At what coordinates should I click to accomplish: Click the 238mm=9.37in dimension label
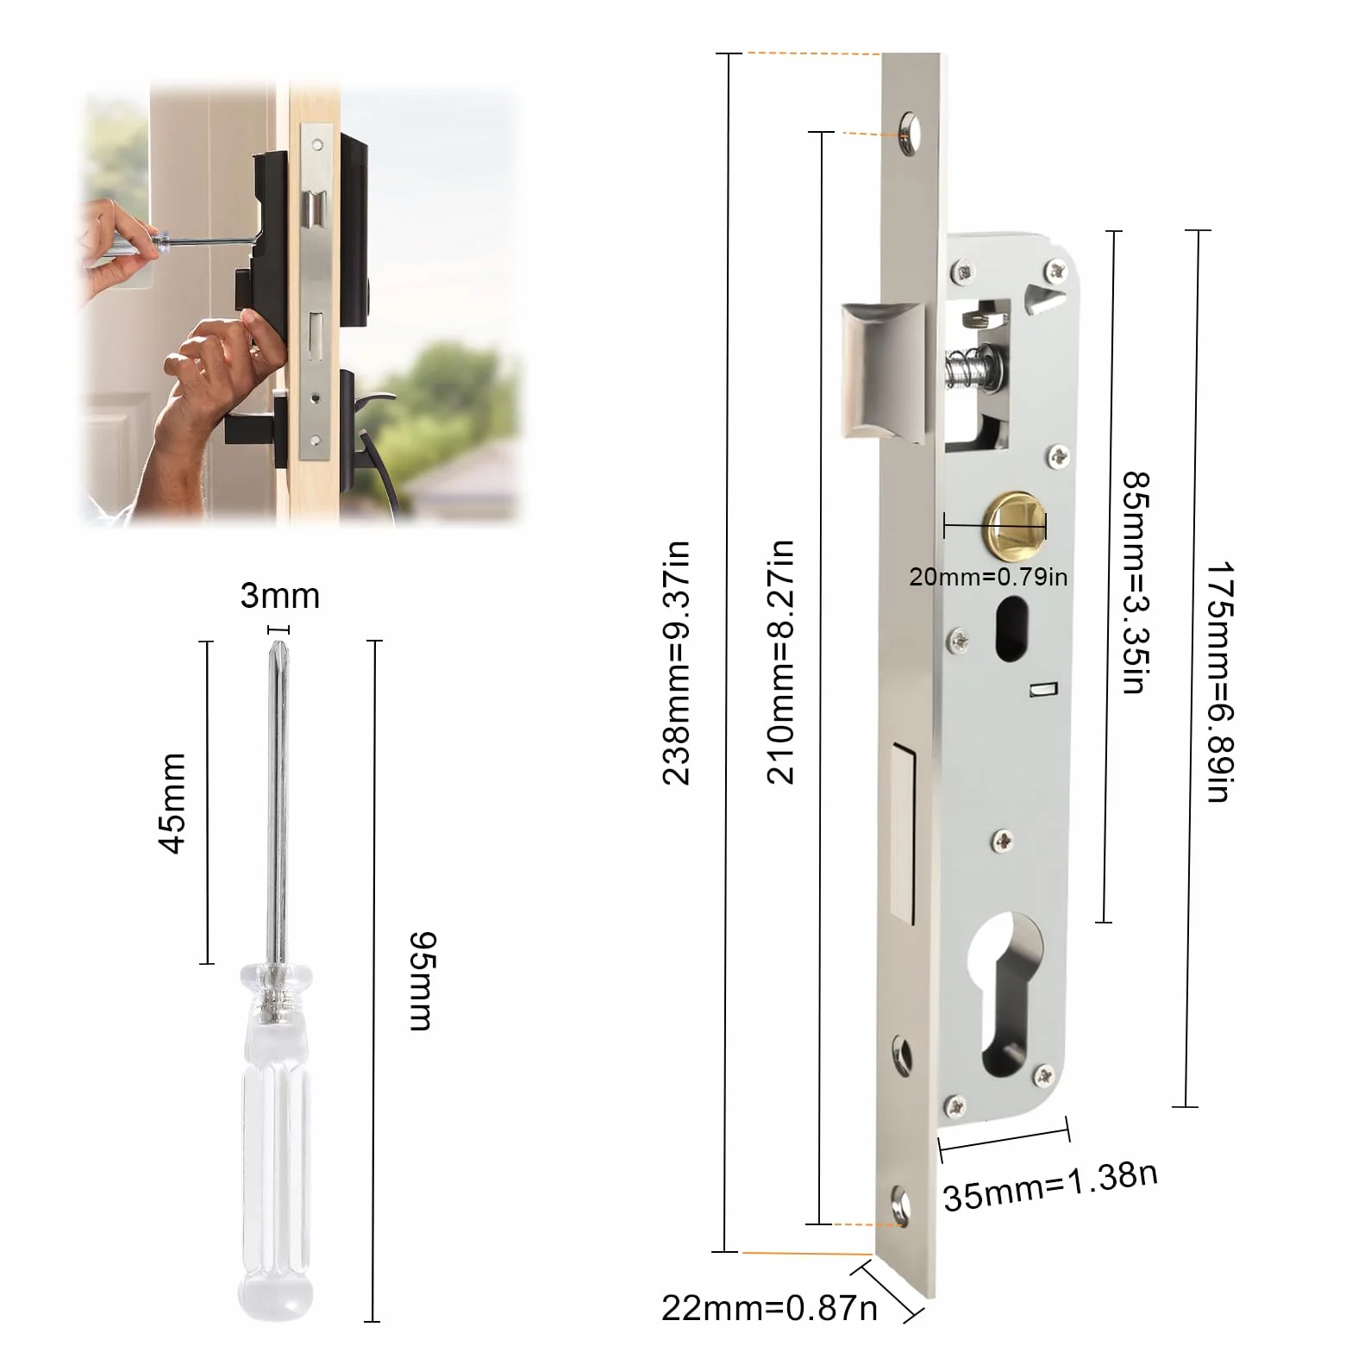pyautogui.click(x=677, y=662)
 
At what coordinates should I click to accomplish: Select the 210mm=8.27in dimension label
pyautogui.click(x=780, y=662)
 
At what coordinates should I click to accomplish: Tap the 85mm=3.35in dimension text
pyautogui.click(x=1136, y=582)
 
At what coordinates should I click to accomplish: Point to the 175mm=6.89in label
pyautogui.click(x=1220, y=682)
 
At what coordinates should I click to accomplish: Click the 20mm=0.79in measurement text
pyautogui.click(x=988, y=576)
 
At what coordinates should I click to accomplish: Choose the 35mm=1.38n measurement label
pyautogui.click(x=1050, y=1186)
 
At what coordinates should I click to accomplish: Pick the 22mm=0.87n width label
pyautogui.click(x=769, y=1308)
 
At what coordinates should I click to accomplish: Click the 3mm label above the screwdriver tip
pyautogui.click(x=279, y=596)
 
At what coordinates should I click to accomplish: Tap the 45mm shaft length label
pyautogui.click(x=172, y=803)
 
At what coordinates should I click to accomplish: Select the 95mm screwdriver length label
pyautogui.click(x=422, y=981)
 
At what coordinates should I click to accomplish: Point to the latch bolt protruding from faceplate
pyautogui.click(x=884, y=368)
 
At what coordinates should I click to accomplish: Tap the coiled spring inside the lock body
pyautogui.click(x=973, y=366)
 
